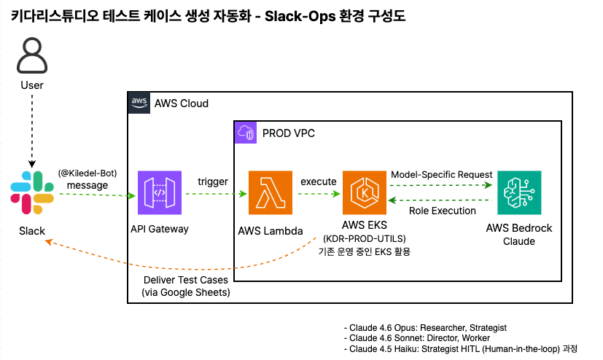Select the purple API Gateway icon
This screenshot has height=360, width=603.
click(x=159, y=193)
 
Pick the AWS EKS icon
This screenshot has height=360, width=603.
click(x=364, y=193)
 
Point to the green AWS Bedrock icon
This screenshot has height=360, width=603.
click(x=519, y=193)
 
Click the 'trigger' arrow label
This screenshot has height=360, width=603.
click(x=213, y=181)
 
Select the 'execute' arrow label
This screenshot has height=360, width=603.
click(x=318, y=181)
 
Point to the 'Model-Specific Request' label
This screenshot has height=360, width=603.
click(x=442, y=175)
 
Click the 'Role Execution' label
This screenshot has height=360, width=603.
click(x=442, y=211)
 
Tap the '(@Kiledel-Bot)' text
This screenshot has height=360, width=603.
click(x=87, y=173)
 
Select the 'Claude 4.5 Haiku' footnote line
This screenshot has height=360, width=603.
click(x=460, y=348)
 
